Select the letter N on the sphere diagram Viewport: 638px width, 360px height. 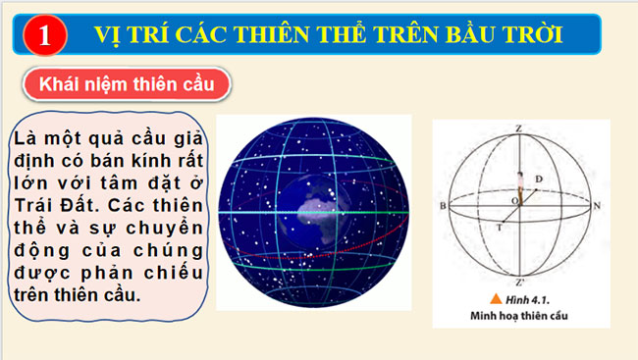[x=596, y=207]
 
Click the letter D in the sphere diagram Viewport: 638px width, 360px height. [x=538, y=178]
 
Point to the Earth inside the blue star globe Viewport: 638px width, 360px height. [x=311, y=212]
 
